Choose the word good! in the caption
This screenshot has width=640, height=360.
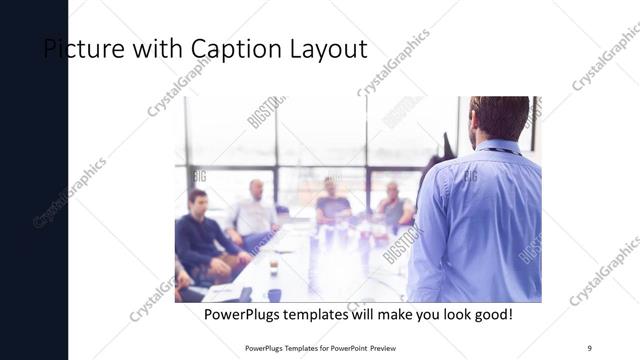click(491, 314)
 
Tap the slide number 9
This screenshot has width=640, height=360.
click(589, 346)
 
